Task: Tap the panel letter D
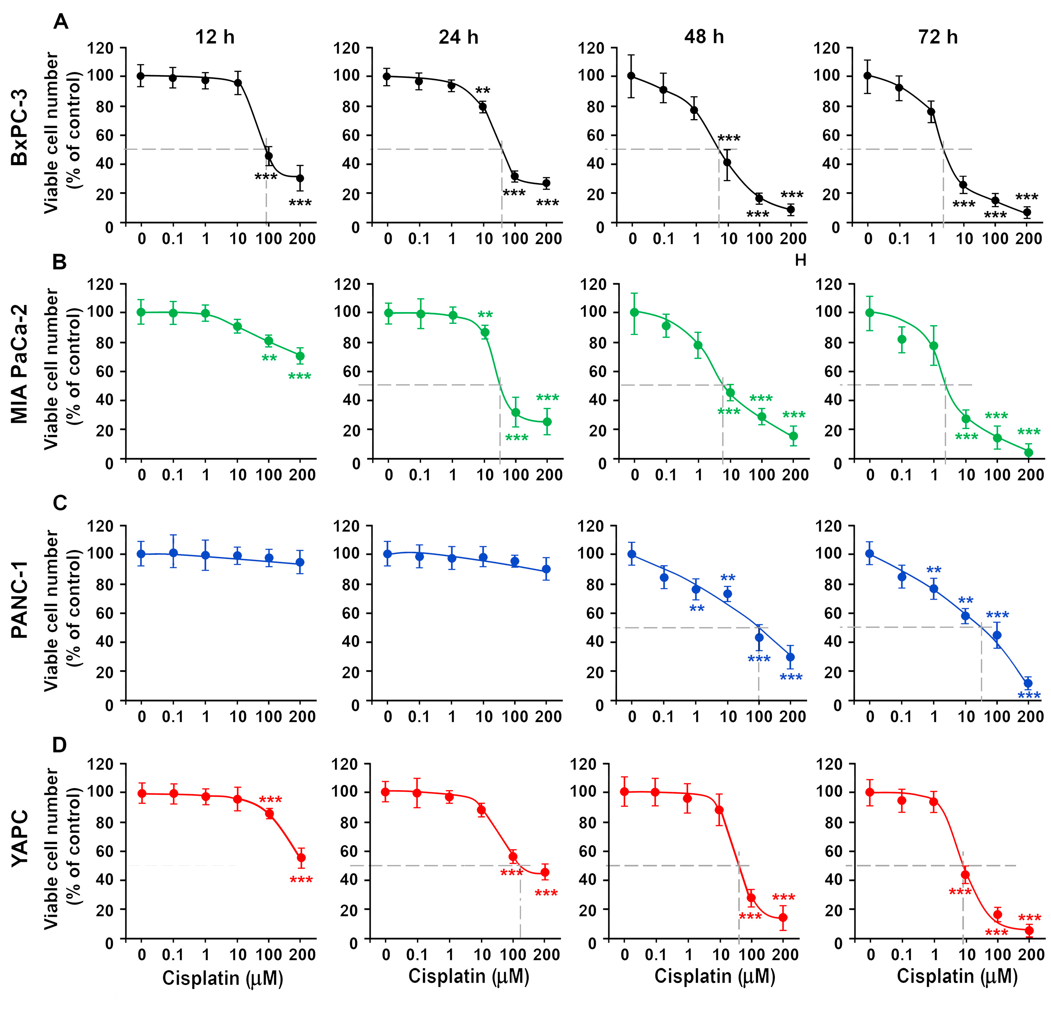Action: (60, 745)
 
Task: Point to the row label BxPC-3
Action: (20, 128)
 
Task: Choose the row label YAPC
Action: (20, 846)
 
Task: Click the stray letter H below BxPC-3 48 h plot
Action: (800, 260)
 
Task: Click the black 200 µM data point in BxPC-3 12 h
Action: (300, 178)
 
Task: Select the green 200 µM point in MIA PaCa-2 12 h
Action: (300, 356)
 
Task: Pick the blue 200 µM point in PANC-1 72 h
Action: (1028, 683)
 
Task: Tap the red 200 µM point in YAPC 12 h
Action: (301, 858)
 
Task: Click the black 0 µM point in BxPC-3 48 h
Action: (632, 76)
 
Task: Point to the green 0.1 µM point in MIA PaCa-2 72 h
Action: (902, 339)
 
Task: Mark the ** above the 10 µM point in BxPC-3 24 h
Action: (483, 90)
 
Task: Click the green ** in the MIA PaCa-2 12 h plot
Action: (269, 358)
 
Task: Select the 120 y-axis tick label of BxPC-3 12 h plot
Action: (102, 48)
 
